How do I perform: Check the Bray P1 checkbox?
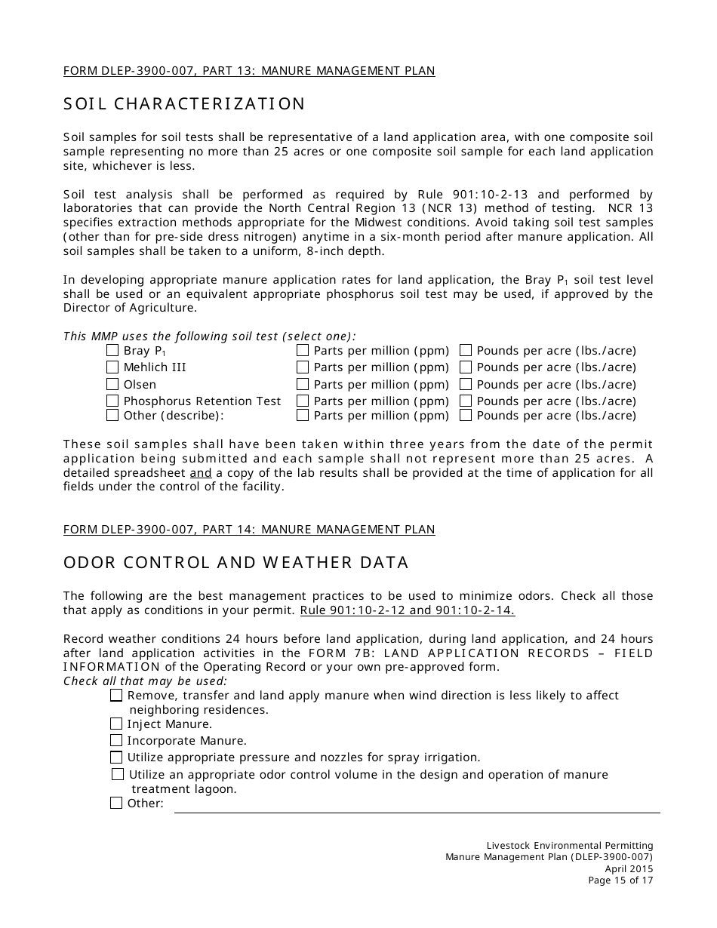(112, 350)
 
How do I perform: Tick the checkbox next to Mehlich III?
(112, 367)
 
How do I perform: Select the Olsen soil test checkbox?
(112, 384)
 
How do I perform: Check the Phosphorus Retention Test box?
(112, 401)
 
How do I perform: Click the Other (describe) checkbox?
(112, 415)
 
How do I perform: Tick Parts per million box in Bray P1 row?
(303, 350)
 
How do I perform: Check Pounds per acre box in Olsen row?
(466, 384)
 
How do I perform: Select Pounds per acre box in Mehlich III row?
(466, 367)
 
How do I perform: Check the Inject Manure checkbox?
(116, 724)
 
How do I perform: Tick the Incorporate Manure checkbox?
(116, 741)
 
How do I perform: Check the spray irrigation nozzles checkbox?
(116, 757)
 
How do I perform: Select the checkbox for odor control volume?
(118, 774)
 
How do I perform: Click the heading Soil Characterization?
(184, 104)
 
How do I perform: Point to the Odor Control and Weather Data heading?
(236, 563)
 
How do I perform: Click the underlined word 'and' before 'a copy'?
(201, 473)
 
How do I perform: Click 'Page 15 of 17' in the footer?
(620, 880)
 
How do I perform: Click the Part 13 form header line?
(249, 71)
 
